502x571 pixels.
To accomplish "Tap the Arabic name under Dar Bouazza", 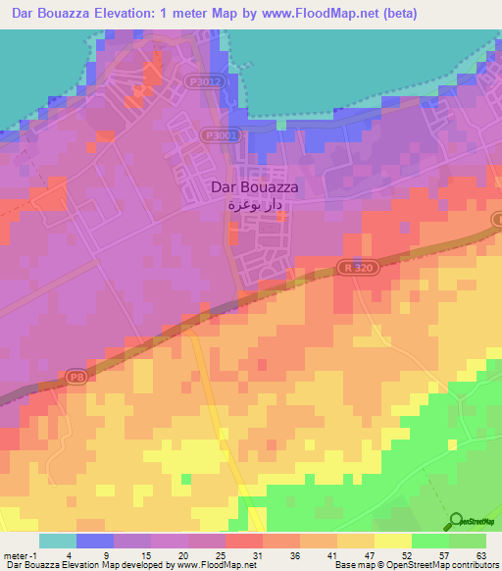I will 255,206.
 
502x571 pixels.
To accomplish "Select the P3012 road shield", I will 209,82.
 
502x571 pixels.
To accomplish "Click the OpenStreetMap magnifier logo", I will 456,521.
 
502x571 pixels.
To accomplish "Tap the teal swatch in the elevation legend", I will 58,541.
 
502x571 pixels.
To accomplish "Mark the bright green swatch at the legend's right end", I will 468,541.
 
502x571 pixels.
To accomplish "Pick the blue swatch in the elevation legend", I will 95,541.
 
